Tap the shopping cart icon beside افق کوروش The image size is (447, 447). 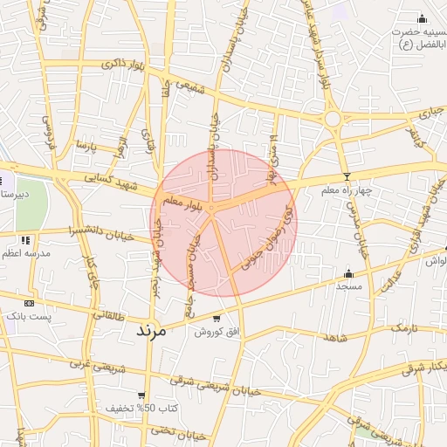coord(216,319)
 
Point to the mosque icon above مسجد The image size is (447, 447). coord(349,273)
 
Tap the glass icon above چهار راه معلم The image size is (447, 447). coord(346,177)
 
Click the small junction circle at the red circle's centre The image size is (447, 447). coord(210,208)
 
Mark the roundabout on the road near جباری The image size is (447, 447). coord(332,118)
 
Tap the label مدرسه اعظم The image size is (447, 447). coord(26,253)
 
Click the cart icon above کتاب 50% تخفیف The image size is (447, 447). coord(141,395)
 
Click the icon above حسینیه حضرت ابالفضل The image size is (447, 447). coord(422,18)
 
